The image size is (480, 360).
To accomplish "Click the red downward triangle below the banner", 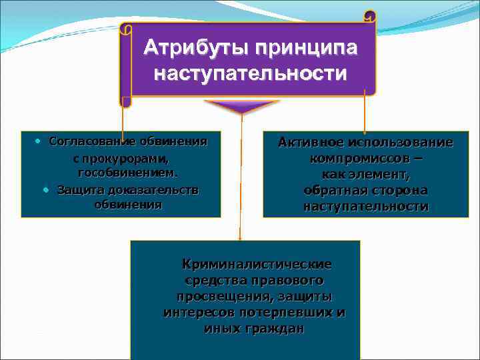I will coord(241,107).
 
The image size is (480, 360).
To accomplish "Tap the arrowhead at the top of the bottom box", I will coord(241,235).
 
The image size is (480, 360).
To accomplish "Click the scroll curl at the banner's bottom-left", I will coord(125,102).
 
